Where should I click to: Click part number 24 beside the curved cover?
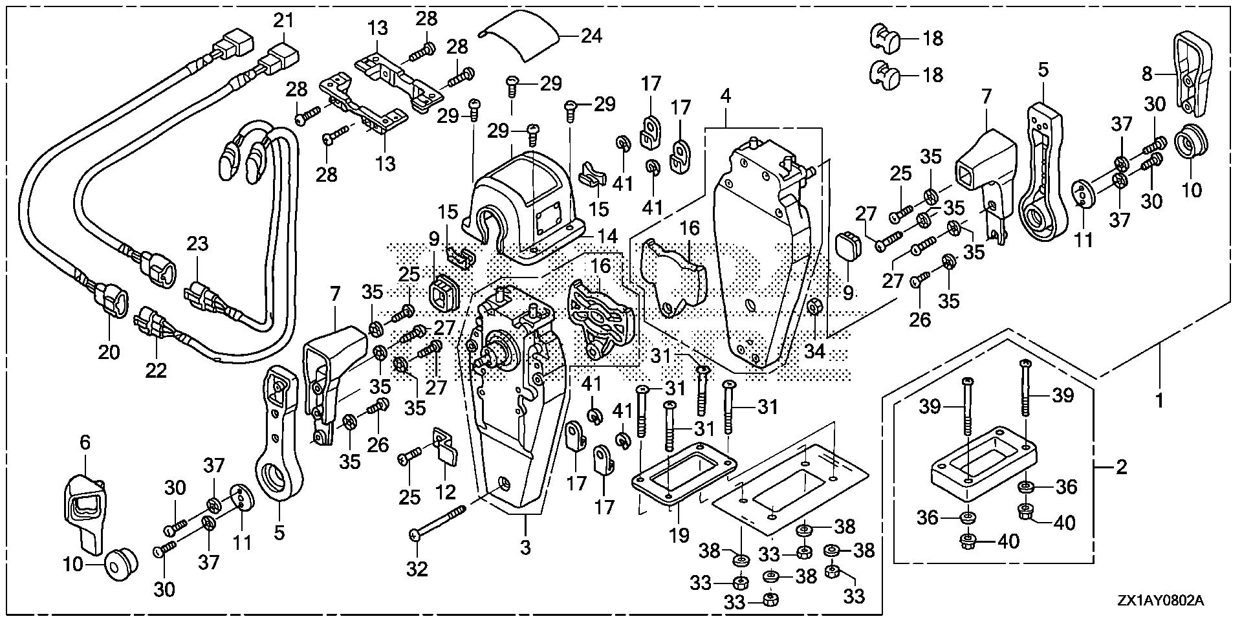tap(591, 35)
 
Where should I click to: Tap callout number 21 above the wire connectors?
tap(283, 21)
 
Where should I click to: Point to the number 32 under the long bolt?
tap(417, 569)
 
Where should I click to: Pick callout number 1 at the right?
tap(1159, 401)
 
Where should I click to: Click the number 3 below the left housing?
tap(525, 547)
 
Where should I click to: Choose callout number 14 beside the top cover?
tap(608, 237)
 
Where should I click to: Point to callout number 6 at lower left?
tap(85, 442)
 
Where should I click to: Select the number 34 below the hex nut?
tap(816, 352)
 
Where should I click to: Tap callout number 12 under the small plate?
tap(446, 492)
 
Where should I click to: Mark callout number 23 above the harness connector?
tap(198, 244)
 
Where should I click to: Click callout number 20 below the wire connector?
tap(109, 352)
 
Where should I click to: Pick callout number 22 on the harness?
tap(157, 370)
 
